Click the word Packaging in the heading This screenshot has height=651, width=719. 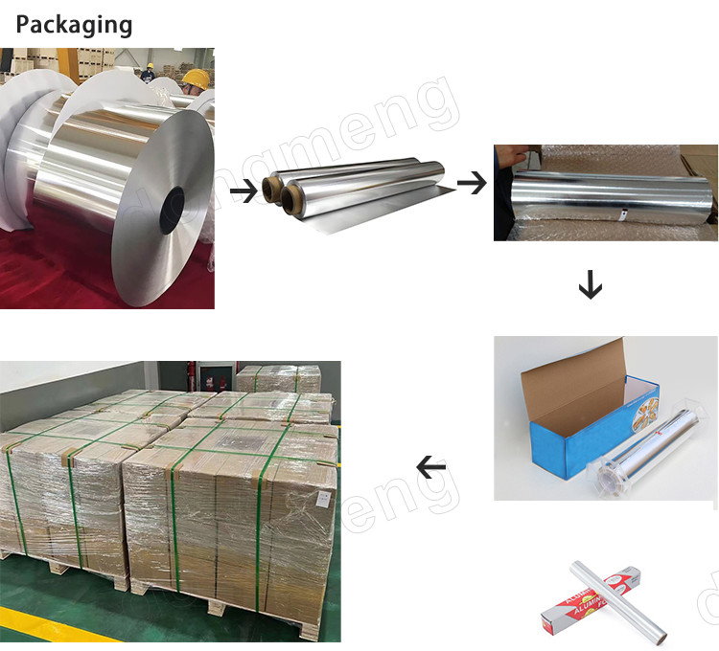click(75, 24)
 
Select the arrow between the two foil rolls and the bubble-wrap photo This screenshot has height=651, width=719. click(471, 181)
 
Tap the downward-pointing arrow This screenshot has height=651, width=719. click(590, 283)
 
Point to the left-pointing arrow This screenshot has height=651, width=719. click(431, 467)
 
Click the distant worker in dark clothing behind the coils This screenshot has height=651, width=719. click(148, 72)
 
